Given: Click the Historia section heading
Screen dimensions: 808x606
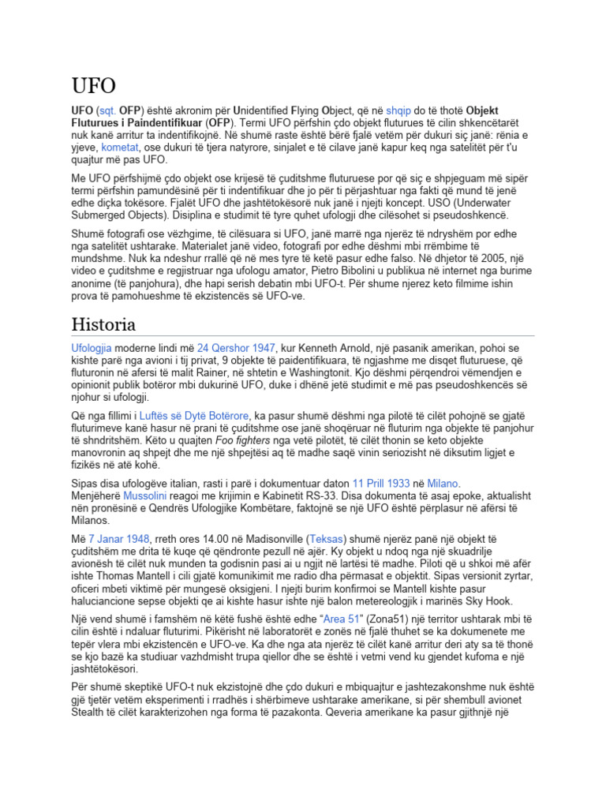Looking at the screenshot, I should (x=103, y=324).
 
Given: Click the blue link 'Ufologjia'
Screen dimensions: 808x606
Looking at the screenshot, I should (x=92, y=347).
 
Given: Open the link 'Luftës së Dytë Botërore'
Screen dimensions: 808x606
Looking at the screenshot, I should (x=194, y=415).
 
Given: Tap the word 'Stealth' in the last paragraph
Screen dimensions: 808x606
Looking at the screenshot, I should (x=91, y=713).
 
